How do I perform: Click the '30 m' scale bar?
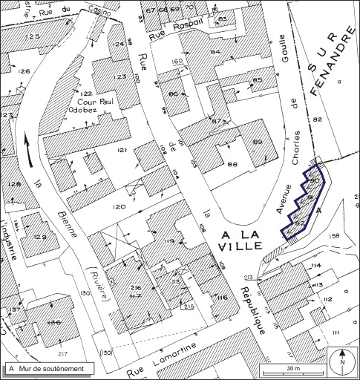(292, 369)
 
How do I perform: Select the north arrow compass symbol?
(341, 362)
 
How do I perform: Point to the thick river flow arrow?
(29, 148)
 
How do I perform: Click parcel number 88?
(232, 165)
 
